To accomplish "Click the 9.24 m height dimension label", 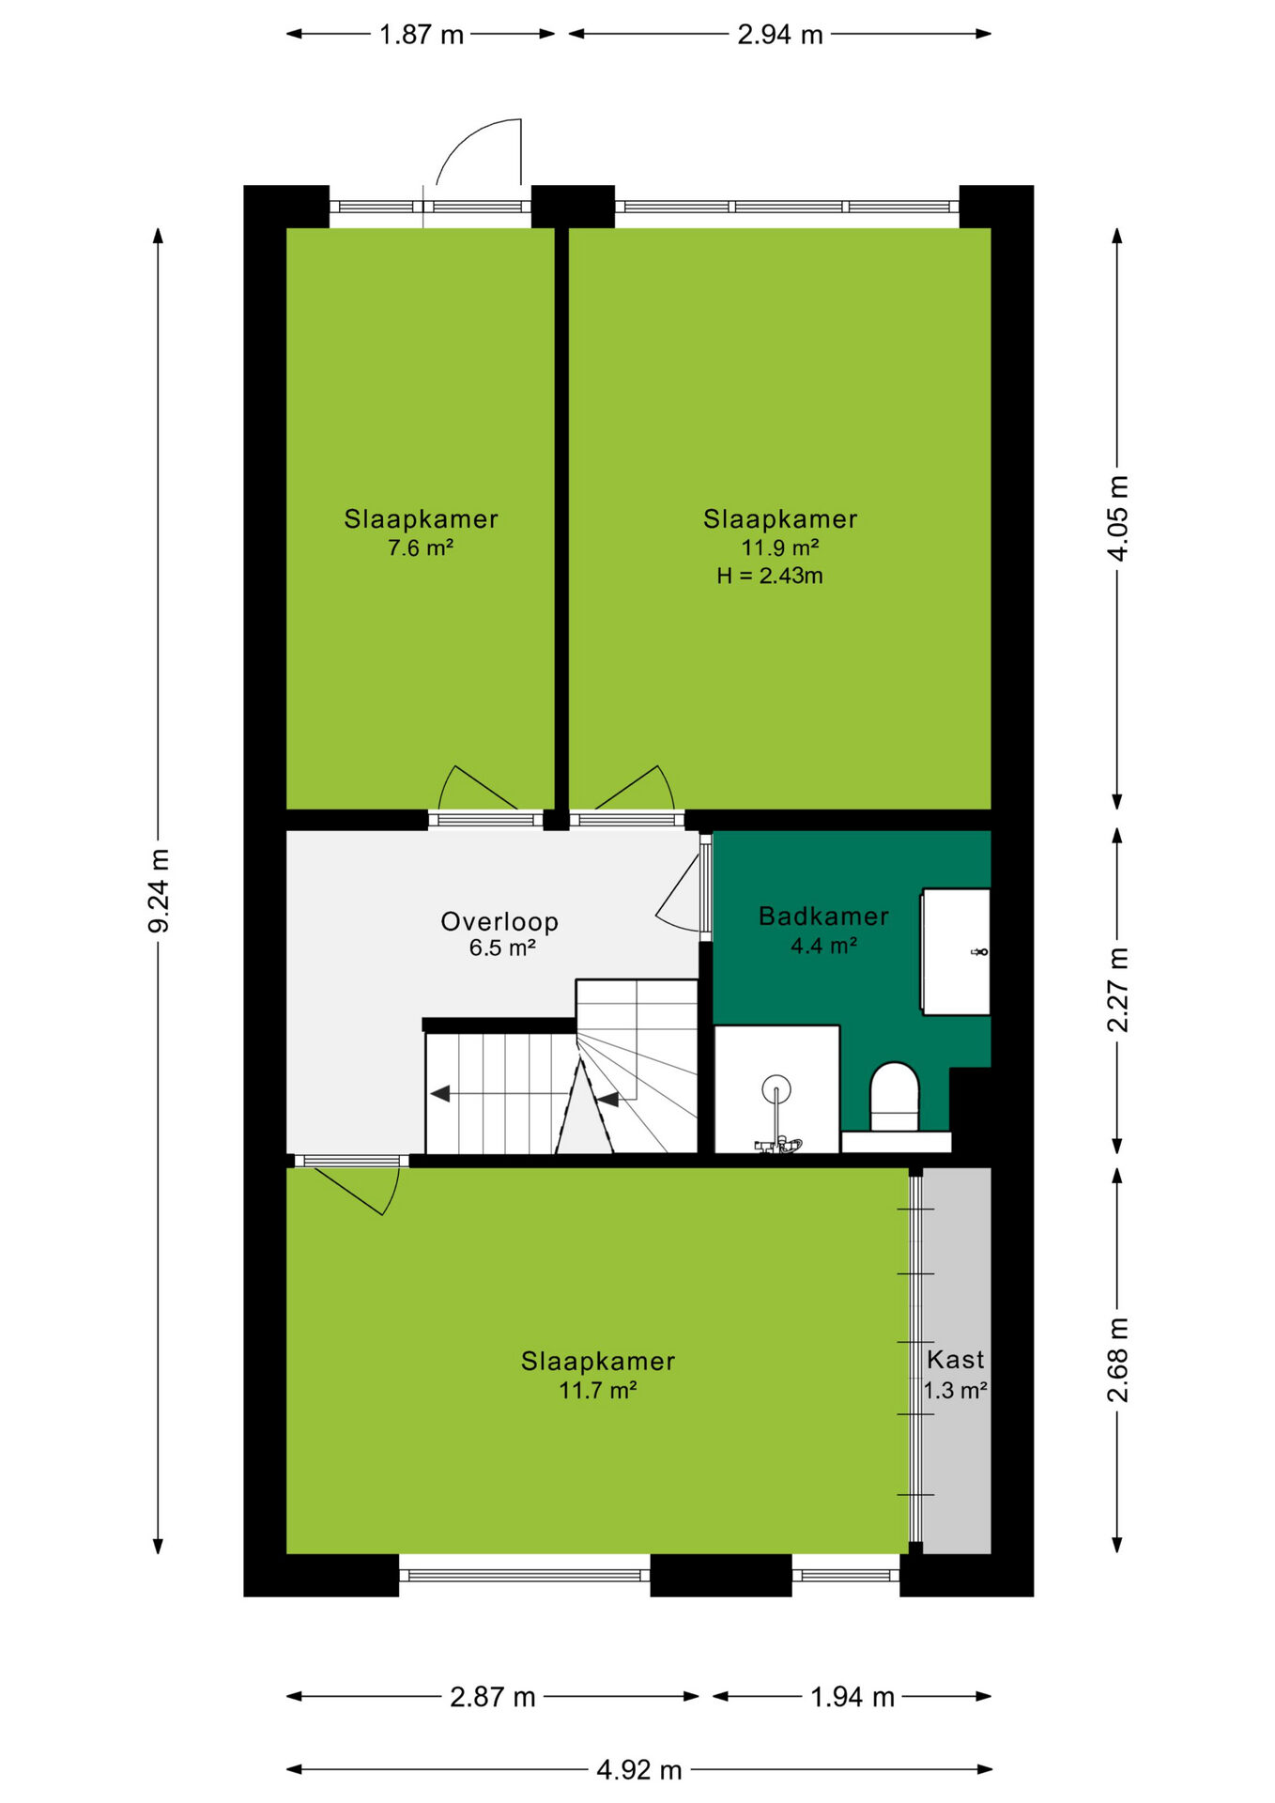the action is [x=160, y=890].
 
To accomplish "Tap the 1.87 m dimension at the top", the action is [x=421, y=35].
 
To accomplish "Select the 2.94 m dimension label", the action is [x=779, y=35].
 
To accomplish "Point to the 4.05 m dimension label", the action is [x=1117, y=518].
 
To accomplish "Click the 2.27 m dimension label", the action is [x=1117, y=990].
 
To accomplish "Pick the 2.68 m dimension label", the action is [x=1117, y=1360].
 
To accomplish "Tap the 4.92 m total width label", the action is [x=638, y=1770].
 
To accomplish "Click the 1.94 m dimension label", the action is [x=852, y=1697].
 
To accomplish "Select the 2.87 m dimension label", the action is [x=492, y=1697].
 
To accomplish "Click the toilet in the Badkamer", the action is [x=895, y=1097].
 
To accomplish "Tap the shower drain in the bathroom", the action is [x=776, y=1089].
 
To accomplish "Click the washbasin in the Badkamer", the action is [x=956, y=952].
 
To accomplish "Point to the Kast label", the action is [x=956, y=1360].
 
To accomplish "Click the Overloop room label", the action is [x=499, y=922].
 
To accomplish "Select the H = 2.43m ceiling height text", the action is [x=770, y=577].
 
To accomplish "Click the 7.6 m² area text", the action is [x=421, y=548].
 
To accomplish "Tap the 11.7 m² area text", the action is [x=598, y=1391].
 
